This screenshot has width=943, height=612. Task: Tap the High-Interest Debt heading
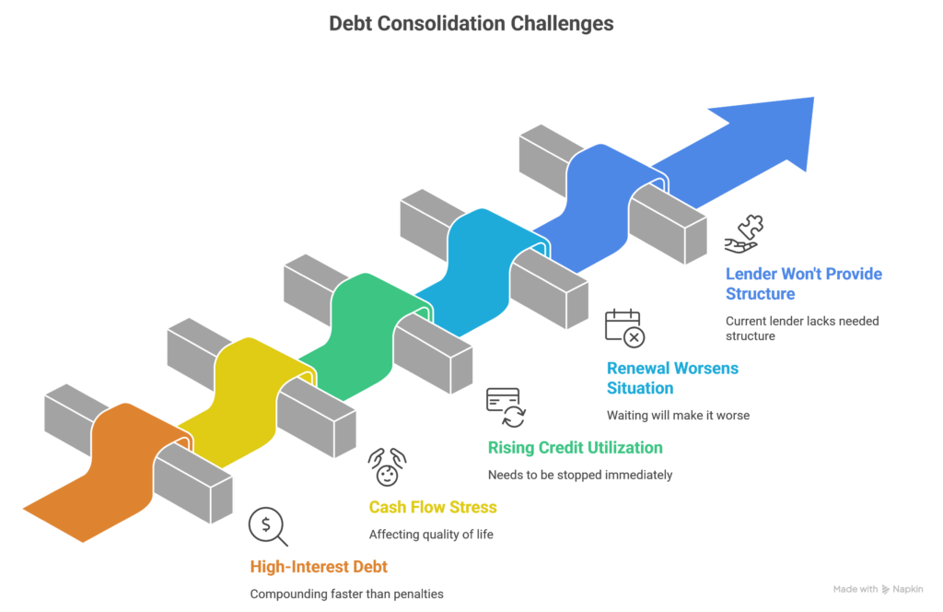pyautogui.click(x=312, y=567)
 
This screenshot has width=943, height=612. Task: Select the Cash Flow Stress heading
pyautogui.click(x=433, y=507)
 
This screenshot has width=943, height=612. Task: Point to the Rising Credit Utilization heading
pyautogui.click(x=575, y=448)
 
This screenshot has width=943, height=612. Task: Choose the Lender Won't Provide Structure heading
pyautogui.click(x=804, y=283)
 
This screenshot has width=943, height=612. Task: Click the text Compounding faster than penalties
pyautogui.click(x=346, y=594)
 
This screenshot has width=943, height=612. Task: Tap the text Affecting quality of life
pyautogui.click(x=431, y=535)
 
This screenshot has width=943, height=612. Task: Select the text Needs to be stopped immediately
pyautogui.click(x=580, y=476)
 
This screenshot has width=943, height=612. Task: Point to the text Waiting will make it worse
pyautogui.click(x=678, y=416)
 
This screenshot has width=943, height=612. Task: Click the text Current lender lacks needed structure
pyautogui.click(x=802, y=329)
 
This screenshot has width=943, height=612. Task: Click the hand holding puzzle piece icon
pyautogui.click(x=744, y=234)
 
